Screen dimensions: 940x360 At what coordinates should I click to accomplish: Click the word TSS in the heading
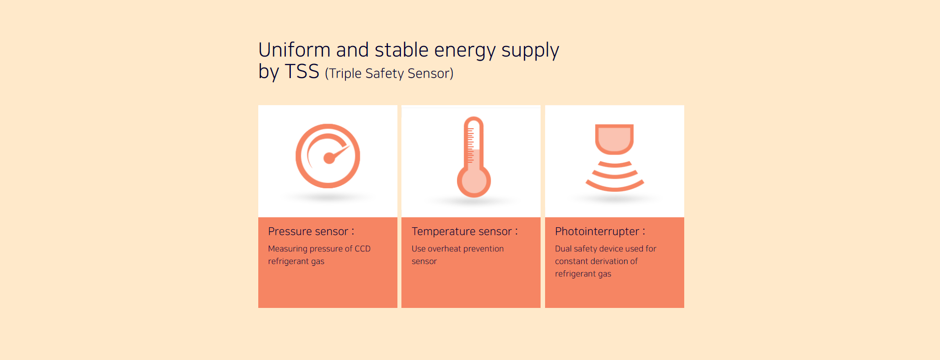(302, 72)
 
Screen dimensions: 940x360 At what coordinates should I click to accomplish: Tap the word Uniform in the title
(294, 50)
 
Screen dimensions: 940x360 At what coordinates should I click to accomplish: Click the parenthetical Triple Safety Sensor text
(389, 74)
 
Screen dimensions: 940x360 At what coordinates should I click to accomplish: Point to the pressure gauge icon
(328, 156)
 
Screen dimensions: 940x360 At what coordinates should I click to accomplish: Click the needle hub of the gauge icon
(329, 158)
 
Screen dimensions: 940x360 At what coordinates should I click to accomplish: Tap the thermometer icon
(474, 157)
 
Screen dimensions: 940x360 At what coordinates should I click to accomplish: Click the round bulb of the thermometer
(474, 181)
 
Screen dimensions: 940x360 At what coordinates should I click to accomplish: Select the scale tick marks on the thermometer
(470, 145)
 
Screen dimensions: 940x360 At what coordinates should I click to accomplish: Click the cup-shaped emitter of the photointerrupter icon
(614, 139)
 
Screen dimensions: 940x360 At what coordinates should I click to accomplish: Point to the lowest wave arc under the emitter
(615, 186)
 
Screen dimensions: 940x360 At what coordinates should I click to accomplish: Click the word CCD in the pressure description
(362, 249)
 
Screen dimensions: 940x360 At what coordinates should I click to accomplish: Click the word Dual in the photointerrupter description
(563, 249)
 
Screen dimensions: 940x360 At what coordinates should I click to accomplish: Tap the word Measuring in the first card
(288, 249)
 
